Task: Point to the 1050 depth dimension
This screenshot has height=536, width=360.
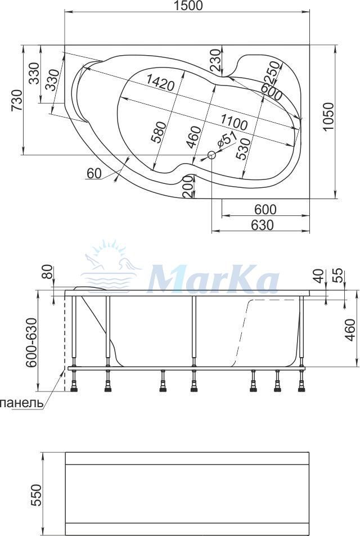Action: point(327,116)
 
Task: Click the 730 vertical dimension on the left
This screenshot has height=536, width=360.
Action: point(16,100)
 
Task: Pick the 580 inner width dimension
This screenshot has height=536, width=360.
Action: point(157,132)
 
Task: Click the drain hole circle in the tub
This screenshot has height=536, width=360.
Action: point(211,156)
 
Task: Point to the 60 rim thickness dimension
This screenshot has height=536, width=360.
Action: point(94,174)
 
